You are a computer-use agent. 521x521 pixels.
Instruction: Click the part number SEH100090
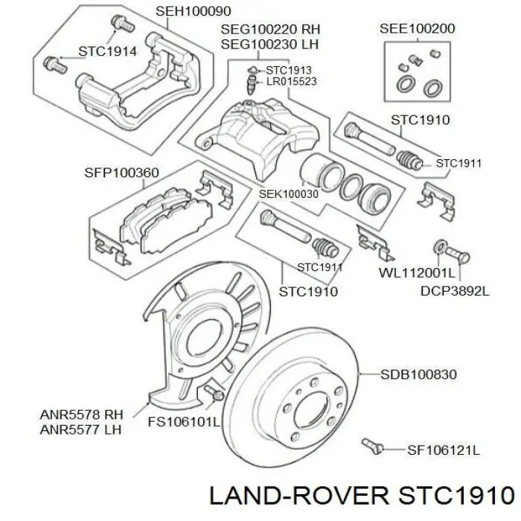[193, 11]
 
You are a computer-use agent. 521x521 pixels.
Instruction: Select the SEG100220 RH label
[270, 29]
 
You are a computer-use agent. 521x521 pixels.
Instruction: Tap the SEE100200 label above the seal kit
[417, 28]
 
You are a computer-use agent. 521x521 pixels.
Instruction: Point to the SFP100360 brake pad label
[121, 173]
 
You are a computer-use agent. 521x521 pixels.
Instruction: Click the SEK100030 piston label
[289, 194]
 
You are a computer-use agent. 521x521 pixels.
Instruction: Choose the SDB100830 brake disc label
[418, 374]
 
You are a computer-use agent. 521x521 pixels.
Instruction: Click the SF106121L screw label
[444, 450]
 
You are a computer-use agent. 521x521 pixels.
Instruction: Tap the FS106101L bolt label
[184, 422]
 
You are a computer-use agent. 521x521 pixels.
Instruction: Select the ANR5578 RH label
[81, 415]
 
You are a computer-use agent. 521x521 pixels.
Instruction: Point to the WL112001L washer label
[417, 273]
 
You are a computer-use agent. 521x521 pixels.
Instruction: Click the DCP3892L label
[455, 291]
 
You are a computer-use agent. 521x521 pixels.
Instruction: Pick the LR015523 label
[292, 81]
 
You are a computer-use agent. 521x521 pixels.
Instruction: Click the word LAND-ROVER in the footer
[299, 496]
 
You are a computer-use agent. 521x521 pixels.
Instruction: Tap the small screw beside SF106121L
[373, 446]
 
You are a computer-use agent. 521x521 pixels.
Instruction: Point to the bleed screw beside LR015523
[252, 84]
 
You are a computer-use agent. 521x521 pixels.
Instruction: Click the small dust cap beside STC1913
[252, 70]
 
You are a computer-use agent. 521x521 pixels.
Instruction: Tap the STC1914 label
[107, 51]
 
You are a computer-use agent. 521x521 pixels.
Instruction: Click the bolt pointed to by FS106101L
[214, 393]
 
